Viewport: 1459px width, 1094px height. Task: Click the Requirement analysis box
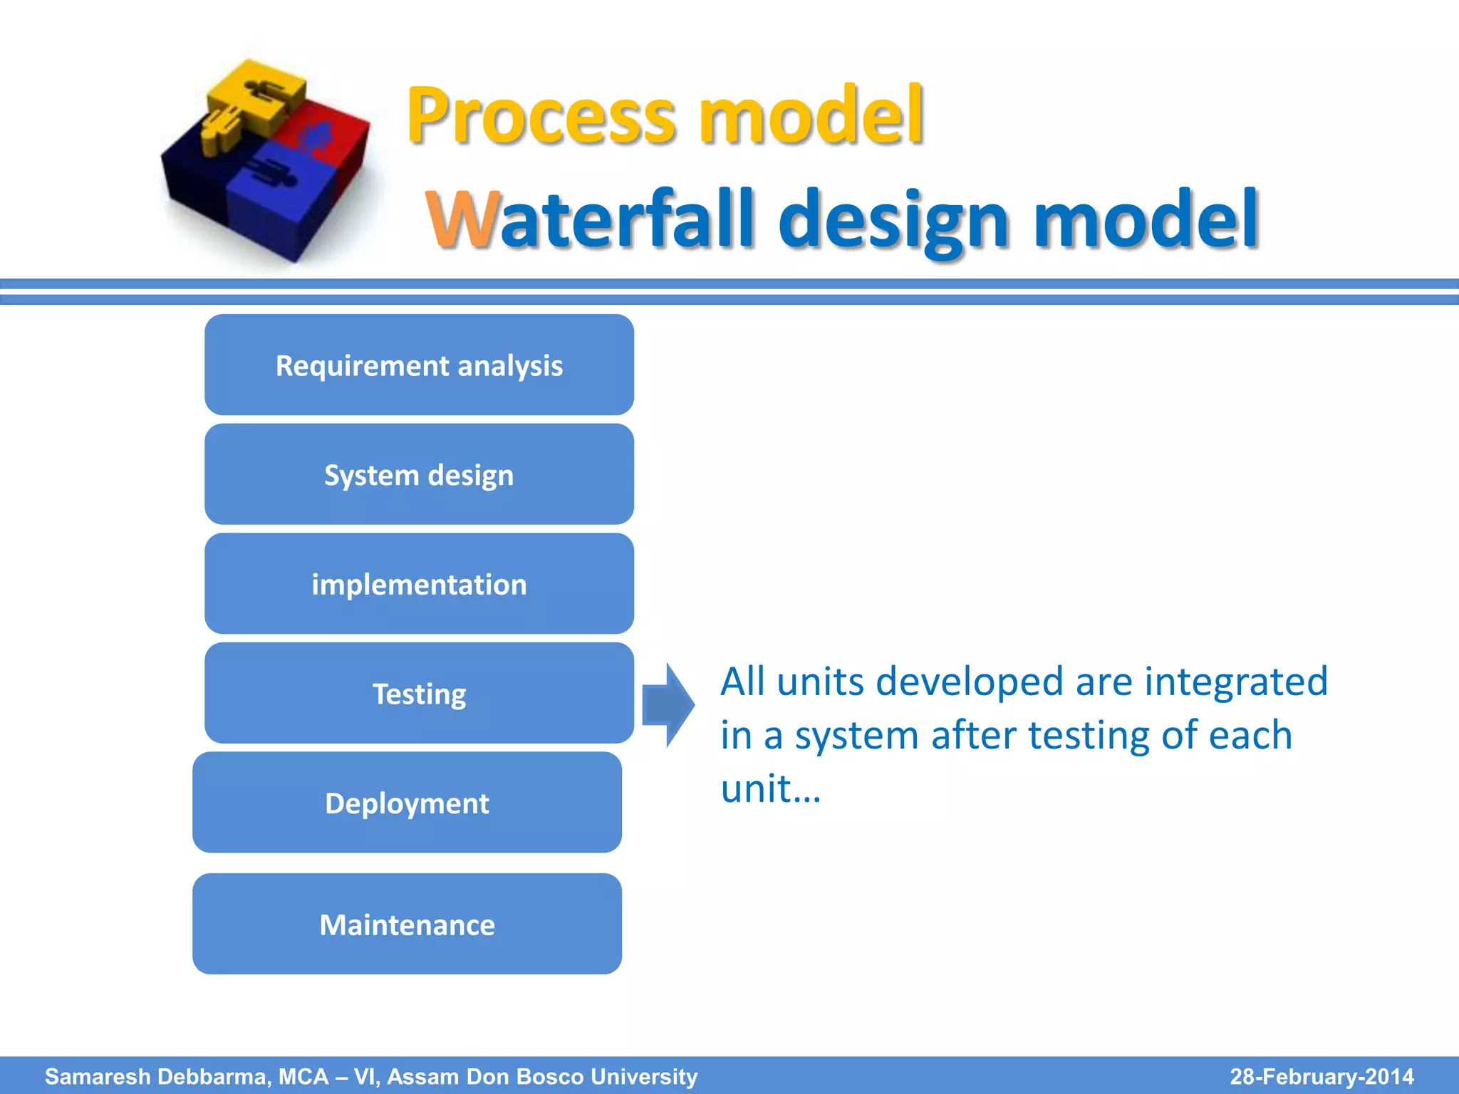pos(419,365)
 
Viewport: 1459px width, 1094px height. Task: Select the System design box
pos(419,474)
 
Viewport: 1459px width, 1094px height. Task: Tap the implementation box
pos(419,584)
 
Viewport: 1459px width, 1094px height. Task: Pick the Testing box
pos(419,693)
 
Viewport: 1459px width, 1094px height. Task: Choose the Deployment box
pos(407,803)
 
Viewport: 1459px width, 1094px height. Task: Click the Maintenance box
pos(407,924)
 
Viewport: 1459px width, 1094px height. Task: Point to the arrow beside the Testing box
pos(668,704)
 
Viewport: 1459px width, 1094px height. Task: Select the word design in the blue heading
pos(897,221)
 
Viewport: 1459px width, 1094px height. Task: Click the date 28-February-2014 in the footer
pos(1322,1076)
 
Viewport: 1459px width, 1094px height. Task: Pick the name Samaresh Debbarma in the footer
pos(157,1076)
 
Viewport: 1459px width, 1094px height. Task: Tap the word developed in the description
pos(969,682)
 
